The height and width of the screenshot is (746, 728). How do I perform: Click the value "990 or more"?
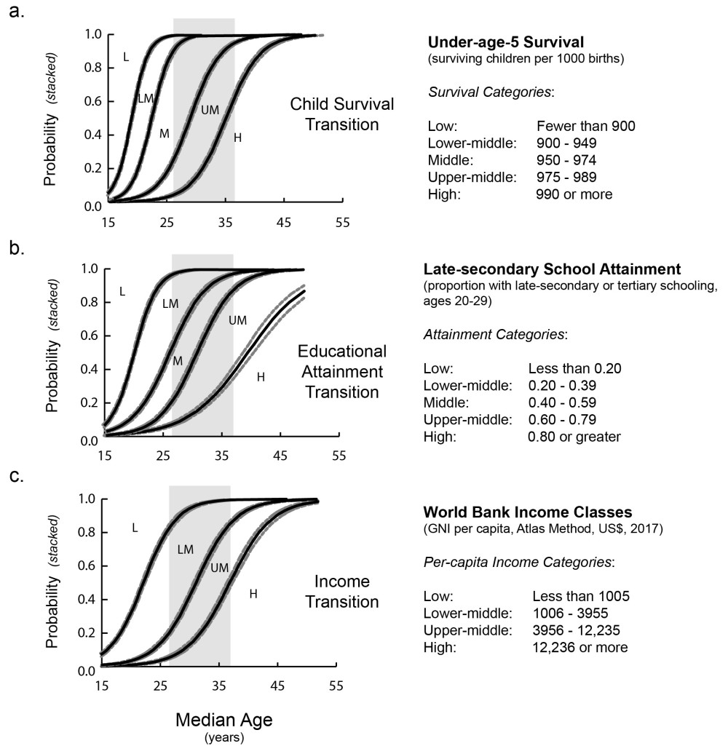pyautogui.click(x=574, y=194)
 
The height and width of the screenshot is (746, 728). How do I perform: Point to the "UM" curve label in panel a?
pyautogui.click(x=210, y=109)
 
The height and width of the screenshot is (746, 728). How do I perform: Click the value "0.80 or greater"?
pyautogui.click(x=574, y=437)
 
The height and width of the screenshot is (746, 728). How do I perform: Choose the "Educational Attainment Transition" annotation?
pyautogui.click(x=340, y=372)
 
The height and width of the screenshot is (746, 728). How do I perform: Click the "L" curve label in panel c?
pyautogui.click(x=134, y=527)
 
